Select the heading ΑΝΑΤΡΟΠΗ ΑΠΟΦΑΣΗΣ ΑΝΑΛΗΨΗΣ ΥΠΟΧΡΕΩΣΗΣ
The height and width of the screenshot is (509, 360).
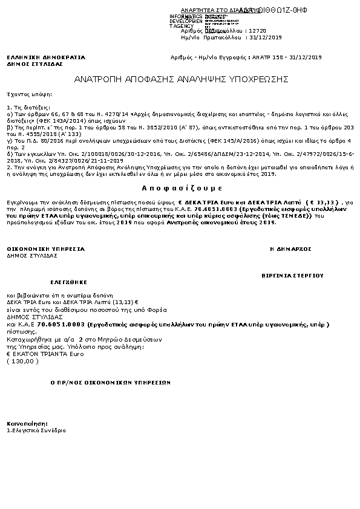click(182, 79)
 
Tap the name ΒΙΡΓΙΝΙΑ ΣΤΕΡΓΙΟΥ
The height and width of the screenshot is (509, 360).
click(292, 275)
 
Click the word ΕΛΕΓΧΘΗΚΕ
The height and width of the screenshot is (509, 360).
click(69, 282)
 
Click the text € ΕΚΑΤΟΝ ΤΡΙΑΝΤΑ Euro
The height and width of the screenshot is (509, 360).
click(36, 354)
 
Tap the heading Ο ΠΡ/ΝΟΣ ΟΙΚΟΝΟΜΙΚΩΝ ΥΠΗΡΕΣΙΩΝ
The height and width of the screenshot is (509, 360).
click(111, 382)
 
